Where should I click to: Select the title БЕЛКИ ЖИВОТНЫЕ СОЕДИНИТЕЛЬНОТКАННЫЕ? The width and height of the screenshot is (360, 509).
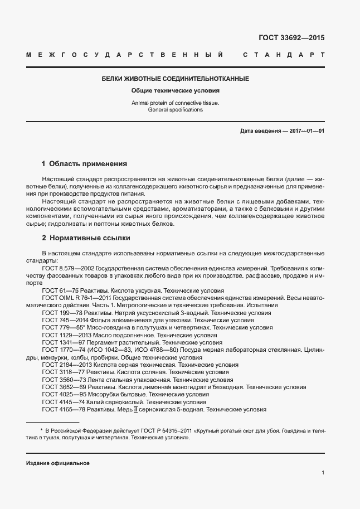click(x=175, y=79)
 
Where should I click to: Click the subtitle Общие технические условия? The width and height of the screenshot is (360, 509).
click(x=175, y=90)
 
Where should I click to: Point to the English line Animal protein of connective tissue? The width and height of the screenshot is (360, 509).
click(x=175, y=103)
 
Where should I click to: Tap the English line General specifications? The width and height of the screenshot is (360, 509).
click(x=175, y=110)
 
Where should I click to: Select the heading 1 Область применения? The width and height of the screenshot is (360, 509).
click(x=85, y=164)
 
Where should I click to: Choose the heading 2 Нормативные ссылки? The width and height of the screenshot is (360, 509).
click(x=86, y=238)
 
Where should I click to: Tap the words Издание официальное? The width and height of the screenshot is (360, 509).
click(x=58, y=463)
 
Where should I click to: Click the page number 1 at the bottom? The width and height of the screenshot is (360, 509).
click(x=323, y=473)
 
